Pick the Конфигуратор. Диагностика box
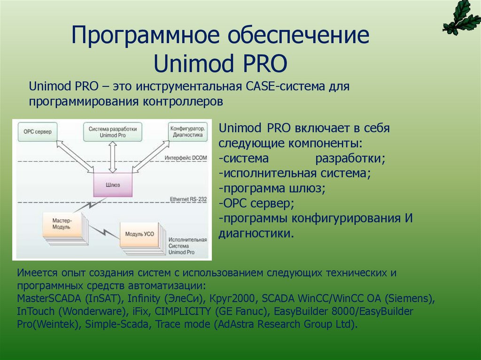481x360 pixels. [187, 132]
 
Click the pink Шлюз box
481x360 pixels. [112, 184]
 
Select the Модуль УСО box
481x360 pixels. [140, 234]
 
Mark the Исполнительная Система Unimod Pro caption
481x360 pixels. [187, 245]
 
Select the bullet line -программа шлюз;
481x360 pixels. [272, 188]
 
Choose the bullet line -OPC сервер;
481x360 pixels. [256, 203]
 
